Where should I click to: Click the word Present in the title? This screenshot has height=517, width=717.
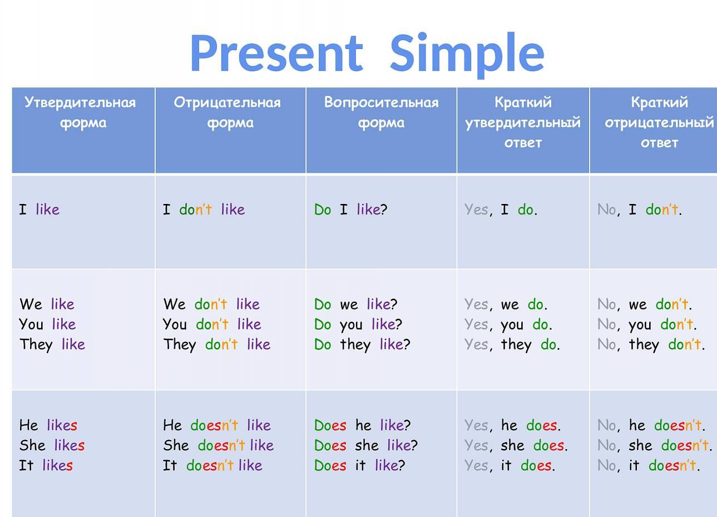[277, 53]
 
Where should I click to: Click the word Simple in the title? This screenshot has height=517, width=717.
[467, 55]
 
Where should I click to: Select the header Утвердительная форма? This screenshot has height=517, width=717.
[80, 113]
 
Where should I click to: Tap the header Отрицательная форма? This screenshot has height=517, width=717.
[228, 113]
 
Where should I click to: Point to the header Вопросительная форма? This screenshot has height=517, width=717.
[381, 113]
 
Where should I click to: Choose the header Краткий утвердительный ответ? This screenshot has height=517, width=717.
[523, 122]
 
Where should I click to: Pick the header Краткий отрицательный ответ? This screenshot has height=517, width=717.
[659, 122]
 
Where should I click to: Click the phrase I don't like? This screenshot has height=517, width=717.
[204, 209]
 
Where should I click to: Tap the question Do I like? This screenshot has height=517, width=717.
[351, 209]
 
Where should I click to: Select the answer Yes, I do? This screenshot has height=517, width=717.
[501, 210]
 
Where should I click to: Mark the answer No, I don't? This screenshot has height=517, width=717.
[640, 210]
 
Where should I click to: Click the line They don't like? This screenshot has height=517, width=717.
[217, 345]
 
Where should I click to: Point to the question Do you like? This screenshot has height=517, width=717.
[358, 325]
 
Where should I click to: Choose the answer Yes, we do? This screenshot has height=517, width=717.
[506, 305]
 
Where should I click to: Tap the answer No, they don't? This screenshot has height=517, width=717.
[651, 345]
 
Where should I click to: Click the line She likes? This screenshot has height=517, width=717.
[52, 445]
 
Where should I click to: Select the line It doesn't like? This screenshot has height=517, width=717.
[212, 465]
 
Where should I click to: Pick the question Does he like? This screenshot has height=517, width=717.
[362, 425]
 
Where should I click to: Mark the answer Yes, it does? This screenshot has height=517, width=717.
[510, 466]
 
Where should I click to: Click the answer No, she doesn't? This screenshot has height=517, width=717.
[655, 446]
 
